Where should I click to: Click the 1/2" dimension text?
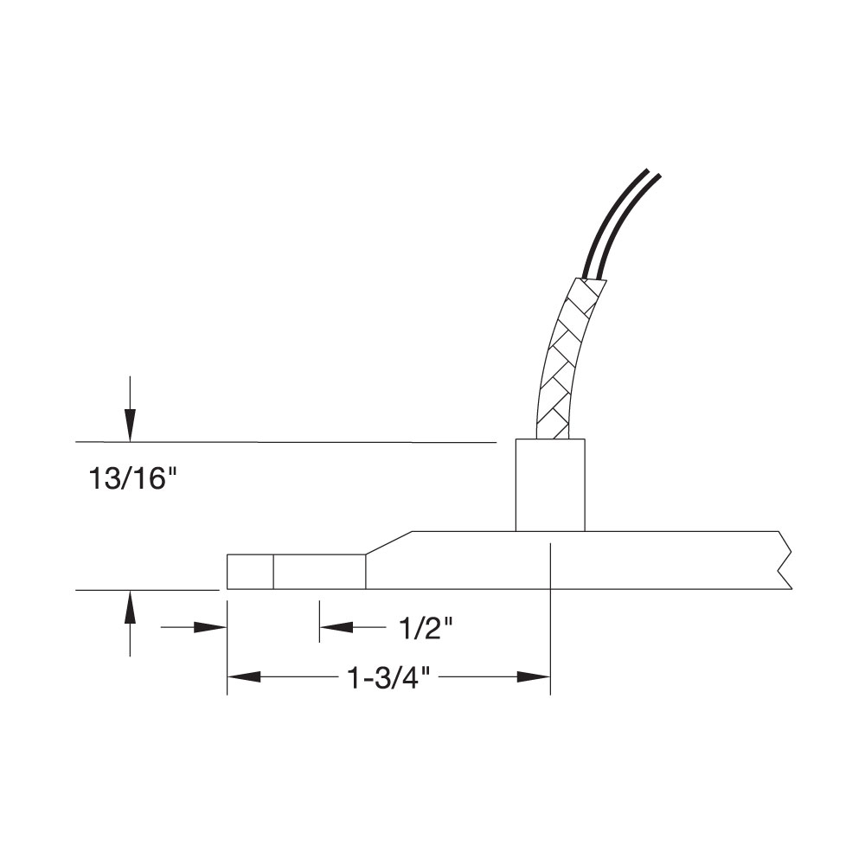pyautogui.click(x=426, y=629)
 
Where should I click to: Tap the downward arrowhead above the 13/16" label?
pyautogui.click(x=130, y=423)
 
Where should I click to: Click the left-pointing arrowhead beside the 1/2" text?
pyautogui.click(x=336, y=627)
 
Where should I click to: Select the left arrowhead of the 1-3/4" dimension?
pyautogui.click(x=243, y=677)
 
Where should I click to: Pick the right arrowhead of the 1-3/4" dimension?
pyautogui.click(x=534, y=677)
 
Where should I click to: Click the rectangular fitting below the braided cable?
pyautogui.click(x=550, y=484)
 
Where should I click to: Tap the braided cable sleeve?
pyautogui.click(x=561, y=363)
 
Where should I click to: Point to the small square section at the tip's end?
pyautogui.click(x=250, y=572)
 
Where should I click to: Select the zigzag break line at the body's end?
pyautogui.click(x=785, y=561)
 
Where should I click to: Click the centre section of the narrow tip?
pyautogui.click(x=319, y=572)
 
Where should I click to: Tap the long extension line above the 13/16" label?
pyautogui.click(x=285, y=442)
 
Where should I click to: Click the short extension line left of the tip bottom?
pyautogui.click(x=147, y=590)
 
